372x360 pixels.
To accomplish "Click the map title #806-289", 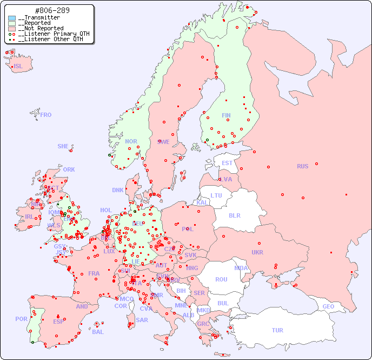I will point(52,11).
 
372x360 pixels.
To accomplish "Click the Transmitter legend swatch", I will point(12,18).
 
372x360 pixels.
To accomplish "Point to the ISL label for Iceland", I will point(18,67).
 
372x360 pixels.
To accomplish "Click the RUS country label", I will point(302,166).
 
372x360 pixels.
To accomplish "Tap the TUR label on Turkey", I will point(277,330).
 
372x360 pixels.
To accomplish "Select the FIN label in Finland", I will point(226,115).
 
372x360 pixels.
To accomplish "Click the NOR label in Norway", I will point(131,141).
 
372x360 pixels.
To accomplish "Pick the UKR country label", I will point(257,252).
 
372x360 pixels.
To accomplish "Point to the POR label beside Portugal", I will point(21,319).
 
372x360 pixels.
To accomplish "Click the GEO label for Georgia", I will point(328,306).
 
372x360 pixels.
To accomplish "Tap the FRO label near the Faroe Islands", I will point(46,115).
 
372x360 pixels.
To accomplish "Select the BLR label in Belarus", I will point(235,215).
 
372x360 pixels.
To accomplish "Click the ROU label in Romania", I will point(221,279).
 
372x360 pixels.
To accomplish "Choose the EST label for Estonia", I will point(227,163).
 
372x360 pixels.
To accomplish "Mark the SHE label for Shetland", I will point(63,146).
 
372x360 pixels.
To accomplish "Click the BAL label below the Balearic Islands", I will point(97,332).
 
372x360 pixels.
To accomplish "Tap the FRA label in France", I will point(94,273).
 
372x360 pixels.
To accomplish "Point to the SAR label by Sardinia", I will point(142,319).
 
